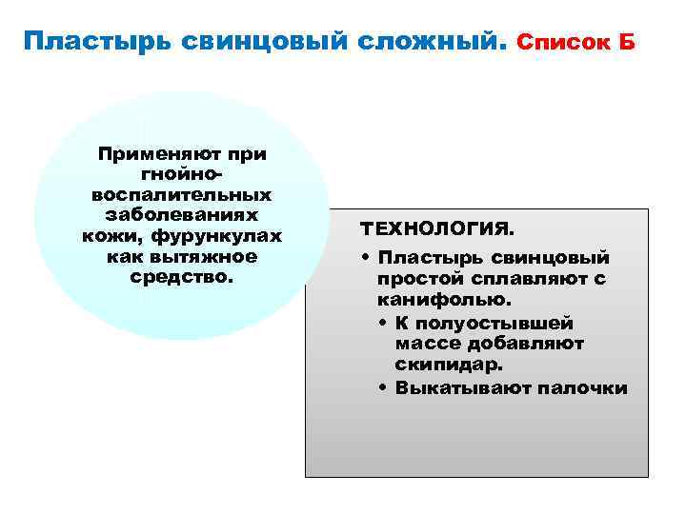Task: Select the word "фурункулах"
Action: point(220,236)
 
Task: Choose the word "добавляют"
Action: point(531,344)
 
